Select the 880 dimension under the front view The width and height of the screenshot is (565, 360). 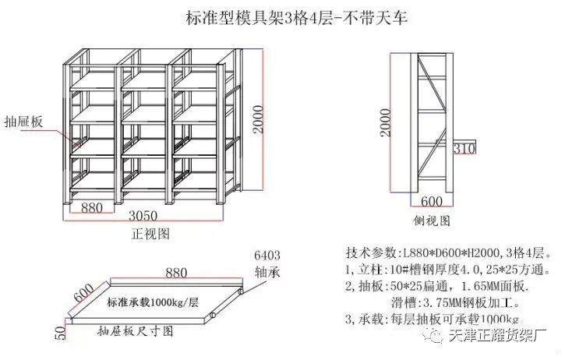click(x=92, y=206)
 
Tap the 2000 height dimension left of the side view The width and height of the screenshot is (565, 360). click(x=385, y=121)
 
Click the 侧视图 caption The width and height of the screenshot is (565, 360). click(x=433, y=221)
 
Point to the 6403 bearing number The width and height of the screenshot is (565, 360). click(x=267, y=255)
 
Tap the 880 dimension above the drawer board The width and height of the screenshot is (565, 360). click(x=175, y=272)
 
